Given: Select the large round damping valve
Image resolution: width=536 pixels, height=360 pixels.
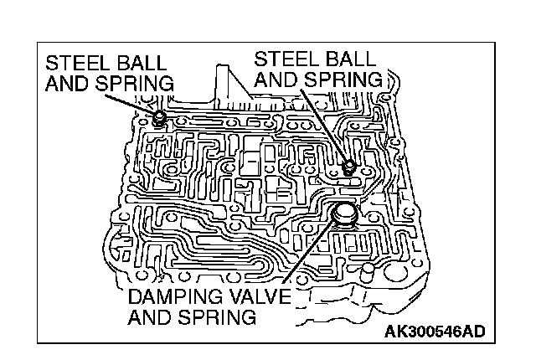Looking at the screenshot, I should point(344,215).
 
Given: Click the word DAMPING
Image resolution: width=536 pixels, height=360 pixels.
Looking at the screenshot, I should point(175,297).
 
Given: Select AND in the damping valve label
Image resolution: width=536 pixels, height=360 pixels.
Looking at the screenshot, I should point(152,317).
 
